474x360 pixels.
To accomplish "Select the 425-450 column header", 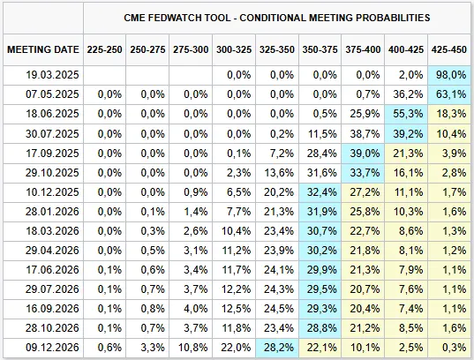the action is click(449, 49).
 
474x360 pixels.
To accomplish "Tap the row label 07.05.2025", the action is click(52, 94).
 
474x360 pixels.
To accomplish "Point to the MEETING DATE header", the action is click(43, 49).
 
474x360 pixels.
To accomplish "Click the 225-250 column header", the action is click(104, 49).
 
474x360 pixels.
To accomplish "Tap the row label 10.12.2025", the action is click(52, 192).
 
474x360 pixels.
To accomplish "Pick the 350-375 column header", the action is click(320, 49).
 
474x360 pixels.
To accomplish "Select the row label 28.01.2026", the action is click(52, 212).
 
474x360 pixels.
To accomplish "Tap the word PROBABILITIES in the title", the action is click(393, 18).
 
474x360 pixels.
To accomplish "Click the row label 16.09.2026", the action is click(52, 309).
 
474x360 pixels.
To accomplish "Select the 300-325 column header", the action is click(234, 49).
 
